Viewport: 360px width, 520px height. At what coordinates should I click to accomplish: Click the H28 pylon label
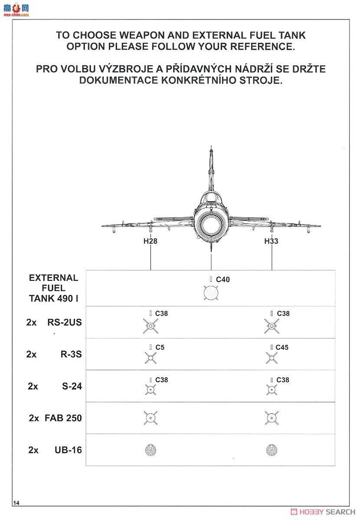pos(150,241)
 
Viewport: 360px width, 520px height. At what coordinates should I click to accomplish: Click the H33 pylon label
pos(271,241)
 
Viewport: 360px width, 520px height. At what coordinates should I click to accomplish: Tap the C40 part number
pos(223,280)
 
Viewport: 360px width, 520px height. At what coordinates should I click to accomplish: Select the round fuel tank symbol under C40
pos(211,293)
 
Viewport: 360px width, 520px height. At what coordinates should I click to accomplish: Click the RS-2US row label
pos(64,322)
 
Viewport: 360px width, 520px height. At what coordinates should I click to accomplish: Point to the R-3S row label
pos(71,354)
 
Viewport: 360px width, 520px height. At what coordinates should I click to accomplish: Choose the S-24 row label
pos(72,386)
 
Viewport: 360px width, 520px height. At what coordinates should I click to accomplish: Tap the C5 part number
pos(160,348)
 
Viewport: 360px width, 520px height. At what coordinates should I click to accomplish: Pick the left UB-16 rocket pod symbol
pos(151,450)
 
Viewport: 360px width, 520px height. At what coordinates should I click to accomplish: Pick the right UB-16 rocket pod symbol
pos(272,450)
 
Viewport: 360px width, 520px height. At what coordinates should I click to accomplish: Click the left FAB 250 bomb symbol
pos(150,418)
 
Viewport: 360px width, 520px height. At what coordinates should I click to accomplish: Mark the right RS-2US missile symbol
pos(272,326)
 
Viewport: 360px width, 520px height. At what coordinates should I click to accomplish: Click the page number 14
pos(16,503)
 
